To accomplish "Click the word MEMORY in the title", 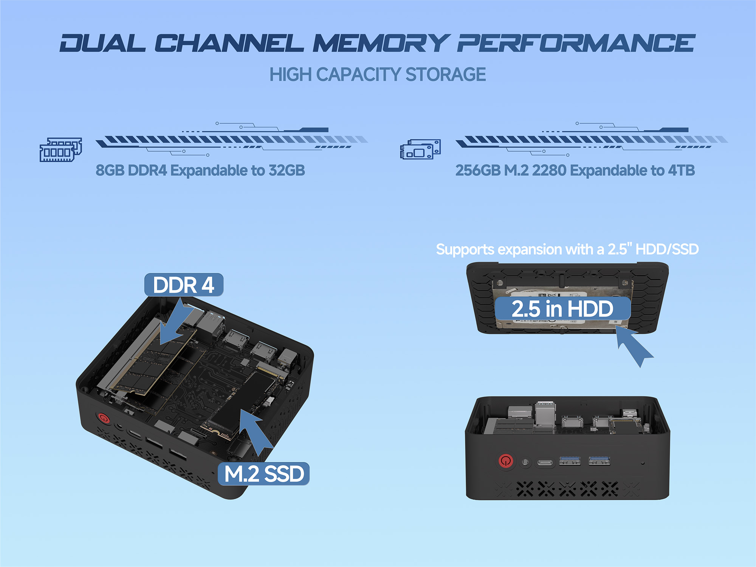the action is pos(381,43).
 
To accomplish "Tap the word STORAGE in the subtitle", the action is pos(446,74).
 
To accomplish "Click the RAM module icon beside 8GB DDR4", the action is pos(61,149).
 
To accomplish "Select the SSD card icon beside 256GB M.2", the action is pos(420,149).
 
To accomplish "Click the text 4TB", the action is pos(681,170).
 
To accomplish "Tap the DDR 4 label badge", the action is pos(184,285).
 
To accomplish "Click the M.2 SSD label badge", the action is pos(264,474).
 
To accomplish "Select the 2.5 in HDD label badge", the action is pos(562,308).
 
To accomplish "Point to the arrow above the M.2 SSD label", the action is pos(255,432).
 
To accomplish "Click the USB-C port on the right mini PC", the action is pos(545,462).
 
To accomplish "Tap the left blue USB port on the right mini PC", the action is pos(570,460).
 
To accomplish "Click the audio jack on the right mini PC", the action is pos(525,462).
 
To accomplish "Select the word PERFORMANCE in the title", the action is pos(576,43).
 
